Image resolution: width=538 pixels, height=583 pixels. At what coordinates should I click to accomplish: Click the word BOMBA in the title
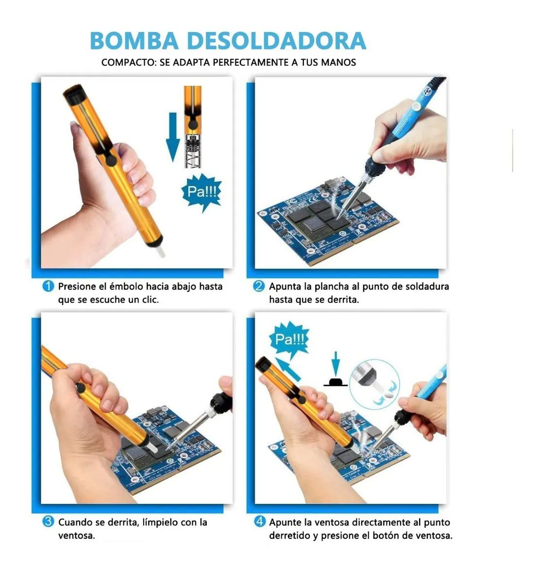[x=134, y=41]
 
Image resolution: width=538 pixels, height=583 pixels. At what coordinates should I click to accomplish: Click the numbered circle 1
[x=48, y=286]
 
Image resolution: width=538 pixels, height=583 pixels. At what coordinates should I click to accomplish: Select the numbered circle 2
[x=259, y=286]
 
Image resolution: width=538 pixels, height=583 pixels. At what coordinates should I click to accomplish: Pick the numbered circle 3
[x=48, y=522]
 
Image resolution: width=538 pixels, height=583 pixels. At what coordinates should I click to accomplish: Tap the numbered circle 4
[x=260, y=522]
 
